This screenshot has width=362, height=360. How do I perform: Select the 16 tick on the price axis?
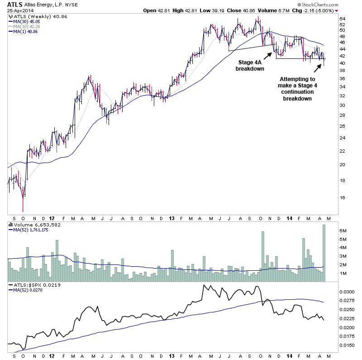pyautogui.click(x=343, y=197)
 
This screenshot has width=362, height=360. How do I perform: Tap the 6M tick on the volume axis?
pyautogui.click(x=343, y=230)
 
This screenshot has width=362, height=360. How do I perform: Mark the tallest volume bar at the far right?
pyautogui.click(x=324, y=253)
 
